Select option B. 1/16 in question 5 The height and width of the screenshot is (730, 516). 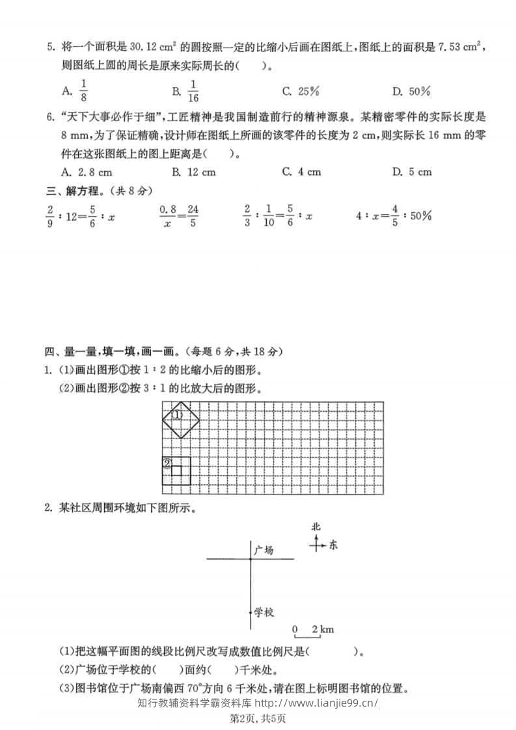(x=185, y=91)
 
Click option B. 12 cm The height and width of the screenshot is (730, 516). (x=193, y=172)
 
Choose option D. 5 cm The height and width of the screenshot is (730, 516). (x=412, y=172)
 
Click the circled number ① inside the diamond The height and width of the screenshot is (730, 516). (x=176, y=414)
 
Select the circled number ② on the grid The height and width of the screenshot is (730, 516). (x=167, y=464)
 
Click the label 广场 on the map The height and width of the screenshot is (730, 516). (x=264, y=550)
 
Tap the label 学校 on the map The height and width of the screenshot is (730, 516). (x=264, y=612)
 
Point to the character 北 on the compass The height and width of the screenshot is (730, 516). (x=316, y=527)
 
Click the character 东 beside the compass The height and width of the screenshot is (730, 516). (x=333, y=545)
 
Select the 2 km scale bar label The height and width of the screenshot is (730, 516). (x=323, y=629)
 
